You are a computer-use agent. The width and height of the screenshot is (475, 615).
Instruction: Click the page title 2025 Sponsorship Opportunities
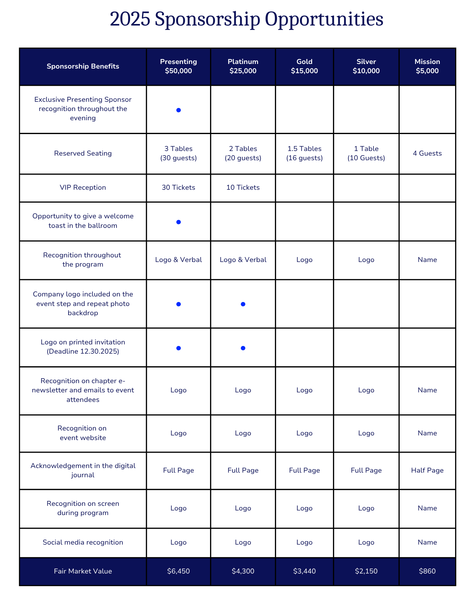(x=246, y=19)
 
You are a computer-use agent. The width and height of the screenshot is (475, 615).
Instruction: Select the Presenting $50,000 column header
(x=178, y=66)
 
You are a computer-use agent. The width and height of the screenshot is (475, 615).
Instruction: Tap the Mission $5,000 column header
(x=427, y=66)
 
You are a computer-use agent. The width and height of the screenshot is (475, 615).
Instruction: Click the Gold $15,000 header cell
(x=304, y=66)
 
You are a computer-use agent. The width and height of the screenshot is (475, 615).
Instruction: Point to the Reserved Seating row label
(x=83, y=153)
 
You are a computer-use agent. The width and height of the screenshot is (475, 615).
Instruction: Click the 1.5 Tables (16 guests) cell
(x=304, y=153)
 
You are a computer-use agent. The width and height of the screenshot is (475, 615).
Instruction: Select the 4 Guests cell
(x=427, y=153)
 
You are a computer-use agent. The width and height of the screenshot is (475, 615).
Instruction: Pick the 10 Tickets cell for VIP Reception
(x=243, y=188)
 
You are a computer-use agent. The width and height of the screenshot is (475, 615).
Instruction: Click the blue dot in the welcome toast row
(x=178, y=222)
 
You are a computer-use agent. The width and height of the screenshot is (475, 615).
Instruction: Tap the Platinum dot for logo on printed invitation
(x=243, y=348)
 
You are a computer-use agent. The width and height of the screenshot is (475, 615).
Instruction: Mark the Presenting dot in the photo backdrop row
(x=178, y=304)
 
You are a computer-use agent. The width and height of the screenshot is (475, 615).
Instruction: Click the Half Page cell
(x=427, y=470)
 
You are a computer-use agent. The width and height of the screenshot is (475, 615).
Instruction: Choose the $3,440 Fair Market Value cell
(x=304, y=571)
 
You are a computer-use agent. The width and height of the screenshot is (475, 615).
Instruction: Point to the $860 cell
(x=427, y=571)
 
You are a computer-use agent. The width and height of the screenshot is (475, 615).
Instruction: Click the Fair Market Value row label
(x=83, y=571)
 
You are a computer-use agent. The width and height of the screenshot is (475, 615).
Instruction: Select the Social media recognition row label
(x=83, y=542)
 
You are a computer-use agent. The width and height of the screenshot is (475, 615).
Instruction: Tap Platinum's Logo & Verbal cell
(x=243, y=260)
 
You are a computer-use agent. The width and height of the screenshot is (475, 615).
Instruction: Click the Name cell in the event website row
(x=427, y=433)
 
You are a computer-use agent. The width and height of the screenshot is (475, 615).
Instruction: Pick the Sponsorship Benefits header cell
(x=83, y=66)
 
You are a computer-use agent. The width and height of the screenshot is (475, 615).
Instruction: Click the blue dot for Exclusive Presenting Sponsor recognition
(x=178, y=110)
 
